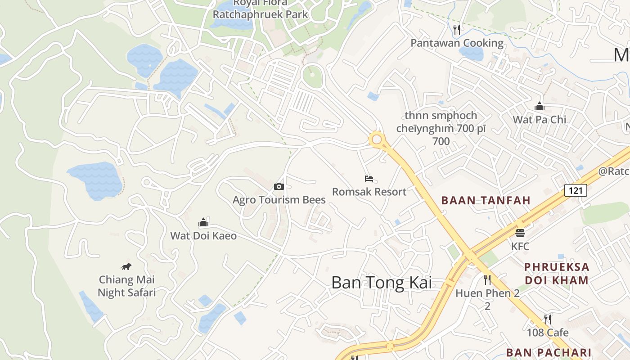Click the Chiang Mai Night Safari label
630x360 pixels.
tap(127, 286)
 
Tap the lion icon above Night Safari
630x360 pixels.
tap(126, 267)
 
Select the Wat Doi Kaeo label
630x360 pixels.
tap(203, 235)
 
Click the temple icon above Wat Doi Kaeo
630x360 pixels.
tap(203, 222)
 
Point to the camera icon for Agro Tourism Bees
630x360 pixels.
tap(279, 186)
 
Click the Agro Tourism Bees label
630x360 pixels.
tap(279, 199)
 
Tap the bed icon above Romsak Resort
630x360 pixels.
tap(369, 179)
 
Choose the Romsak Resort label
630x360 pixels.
tap(369, 192)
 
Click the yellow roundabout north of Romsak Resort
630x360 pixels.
tap(377, 139)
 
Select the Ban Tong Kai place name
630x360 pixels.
tap(382, 283)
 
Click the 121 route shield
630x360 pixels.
tap(576, 190)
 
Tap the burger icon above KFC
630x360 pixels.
tap(520, 233)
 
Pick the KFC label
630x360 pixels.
tap(520, 247)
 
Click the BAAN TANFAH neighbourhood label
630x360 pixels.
tap(486, 200)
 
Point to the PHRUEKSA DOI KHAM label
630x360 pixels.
tap(557, 274)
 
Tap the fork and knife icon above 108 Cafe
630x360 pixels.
tap(548, 319)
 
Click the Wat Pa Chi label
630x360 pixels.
tap(540, 120)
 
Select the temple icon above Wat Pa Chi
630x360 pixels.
tap(539, 107)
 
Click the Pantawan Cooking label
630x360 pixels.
tap(457, 43)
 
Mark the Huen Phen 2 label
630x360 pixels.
tap(487, 293)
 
